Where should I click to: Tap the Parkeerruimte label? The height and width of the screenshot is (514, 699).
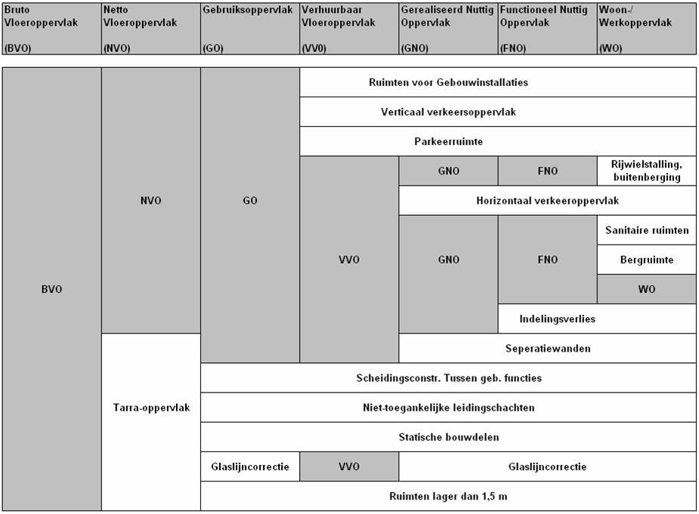pos(449,141)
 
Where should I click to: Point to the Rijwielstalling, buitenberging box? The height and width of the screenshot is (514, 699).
pos(646,171)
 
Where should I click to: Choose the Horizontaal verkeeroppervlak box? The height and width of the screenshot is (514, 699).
pos(548,201)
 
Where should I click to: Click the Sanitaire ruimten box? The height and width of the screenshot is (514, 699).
pos(646,230)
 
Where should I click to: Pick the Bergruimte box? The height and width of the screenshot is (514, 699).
pos(646,260)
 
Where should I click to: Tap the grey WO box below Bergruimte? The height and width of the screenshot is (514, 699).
pos(646,289)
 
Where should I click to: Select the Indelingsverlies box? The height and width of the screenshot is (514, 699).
pos(557,319)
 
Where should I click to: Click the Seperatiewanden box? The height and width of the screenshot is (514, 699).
pos(548,349)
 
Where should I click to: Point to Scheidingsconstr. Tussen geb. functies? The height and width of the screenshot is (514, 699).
pos(449,378)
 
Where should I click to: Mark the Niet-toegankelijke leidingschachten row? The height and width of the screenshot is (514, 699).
pos(449,408)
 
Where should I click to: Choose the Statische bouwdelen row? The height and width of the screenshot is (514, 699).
pos(449,437)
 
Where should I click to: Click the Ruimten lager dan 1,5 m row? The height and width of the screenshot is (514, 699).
pos(449,496)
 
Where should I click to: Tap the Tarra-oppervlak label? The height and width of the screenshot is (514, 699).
pos(151,408)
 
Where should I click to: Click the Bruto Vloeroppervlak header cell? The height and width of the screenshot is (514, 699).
pos(51,28)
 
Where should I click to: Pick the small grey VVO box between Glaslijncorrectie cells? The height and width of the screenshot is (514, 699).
pos(349,466)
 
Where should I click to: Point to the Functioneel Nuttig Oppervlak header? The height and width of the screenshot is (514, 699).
pos(547,17)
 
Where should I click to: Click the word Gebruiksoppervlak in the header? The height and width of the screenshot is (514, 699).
pos(247,11)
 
